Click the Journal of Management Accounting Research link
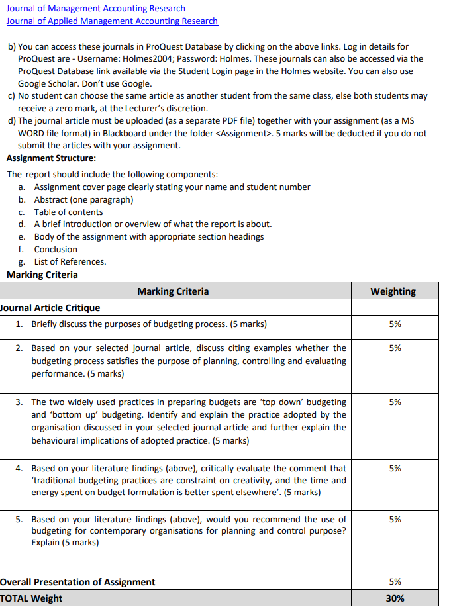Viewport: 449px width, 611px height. (96, 9)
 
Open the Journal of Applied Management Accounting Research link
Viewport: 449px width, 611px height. (112, 21)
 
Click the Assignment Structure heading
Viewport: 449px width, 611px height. (51, 158)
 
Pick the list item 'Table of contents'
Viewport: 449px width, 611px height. (68, 212)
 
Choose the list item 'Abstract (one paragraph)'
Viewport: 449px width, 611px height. (83, 199)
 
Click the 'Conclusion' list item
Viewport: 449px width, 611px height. (56, 249)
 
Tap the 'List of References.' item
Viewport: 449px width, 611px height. (70, 261)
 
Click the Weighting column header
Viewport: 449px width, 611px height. (393, 291)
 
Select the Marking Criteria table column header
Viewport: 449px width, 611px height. (173, 291)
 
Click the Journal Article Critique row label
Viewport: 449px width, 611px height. (50, 308)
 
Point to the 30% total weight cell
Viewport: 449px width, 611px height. (395, 598)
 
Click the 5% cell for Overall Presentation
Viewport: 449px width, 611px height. (395, 582)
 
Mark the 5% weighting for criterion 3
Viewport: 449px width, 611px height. (395, 402)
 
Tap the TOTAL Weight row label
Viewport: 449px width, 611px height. (31, 598)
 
